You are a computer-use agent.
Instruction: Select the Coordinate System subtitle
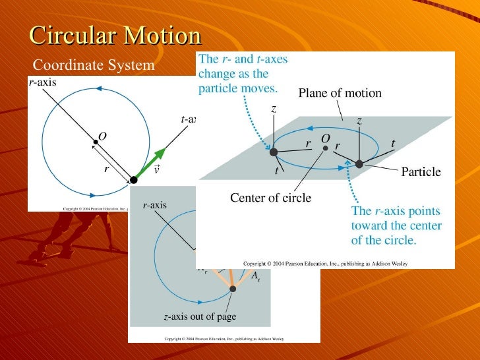click(x=93, y=65)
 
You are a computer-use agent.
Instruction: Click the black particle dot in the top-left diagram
click(x=134, y=179)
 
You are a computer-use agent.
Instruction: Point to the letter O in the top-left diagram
click(x=102, y=136)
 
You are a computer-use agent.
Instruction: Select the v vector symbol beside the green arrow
click(x=156, y=169)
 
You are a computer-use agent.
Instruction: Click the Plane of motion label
click(x=340, y=93)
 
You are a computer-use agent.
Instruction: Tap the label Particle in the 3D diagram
click(x=421, y=172)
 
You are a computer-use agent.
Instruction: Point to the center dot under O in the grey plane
click(x=325, y=148)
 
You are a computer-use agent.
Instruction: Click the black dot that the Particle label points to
click(x=359, y=164)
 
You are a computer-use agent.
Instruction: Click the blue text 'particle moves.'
click(x=238, y=87)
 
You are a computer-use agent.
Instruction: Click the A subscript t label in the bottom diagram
click(x=255, y=276)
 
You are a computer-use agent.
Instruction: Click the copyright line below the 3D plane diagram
click(x=325, y=263)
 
